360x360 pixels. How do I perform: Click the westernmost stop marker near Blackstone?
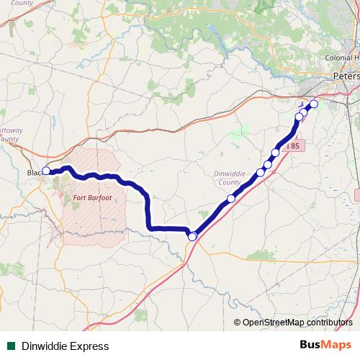tap(46, 171)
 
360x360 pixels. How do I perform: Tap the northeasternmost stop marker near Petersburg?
tap(313, 104)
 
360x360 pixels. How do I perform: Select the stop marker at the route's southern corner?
tap(192, 236)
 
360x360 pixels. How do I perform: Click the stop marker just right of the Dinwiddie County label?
tap(261, 173)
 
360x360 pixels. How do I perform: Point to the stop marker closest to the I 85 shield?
tap(275, 152)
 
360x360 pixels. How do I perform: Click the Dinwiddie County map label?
tap(230, 178)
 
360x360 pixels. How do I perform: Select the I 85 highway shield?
tap(294, 145)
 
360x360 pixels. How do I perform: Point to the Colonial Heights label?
tap(342, 58)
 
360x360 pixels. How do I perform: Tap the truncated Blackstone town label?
tap(34, 173)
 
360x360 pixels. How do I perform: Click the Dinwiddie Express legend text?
tap(65, 346)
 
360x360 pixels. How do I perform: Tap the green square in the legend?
tap(11, 346)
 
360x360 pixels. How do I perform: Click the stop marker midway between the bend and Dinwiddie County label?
tap(231, 199)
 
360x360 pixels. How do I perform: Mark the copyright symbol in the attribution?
tap(237, 323)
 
